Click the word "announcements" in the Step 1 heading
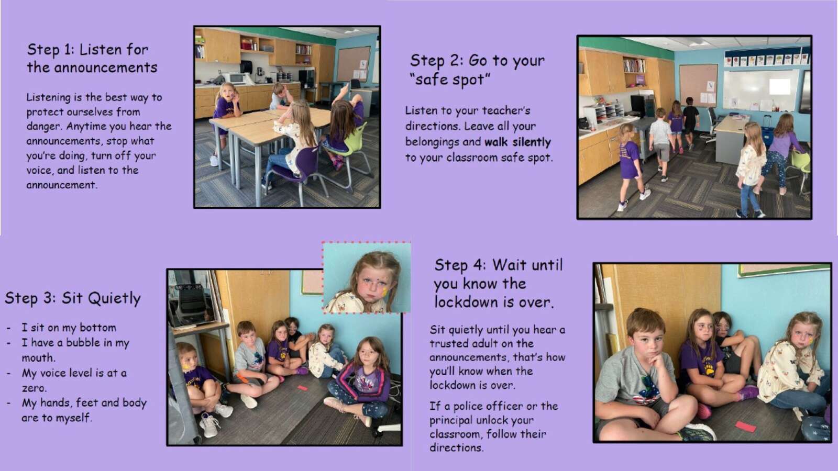(x=105, y=68)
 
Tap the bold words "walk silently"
(x=518, y=142)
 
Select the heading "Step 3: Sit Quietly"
(x=73, y=298)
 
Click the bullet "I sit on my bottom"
(x=69, y=328)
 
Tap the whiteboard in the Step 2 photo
(x=760, y=89)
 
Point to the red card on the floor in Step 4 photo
(x=746, y=426)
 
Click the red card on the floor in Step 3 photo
(x=302, y=388)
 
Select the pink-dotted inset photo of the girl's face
(x=367, y=277)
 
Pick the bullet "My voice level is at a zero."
(x=74, y=380)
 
